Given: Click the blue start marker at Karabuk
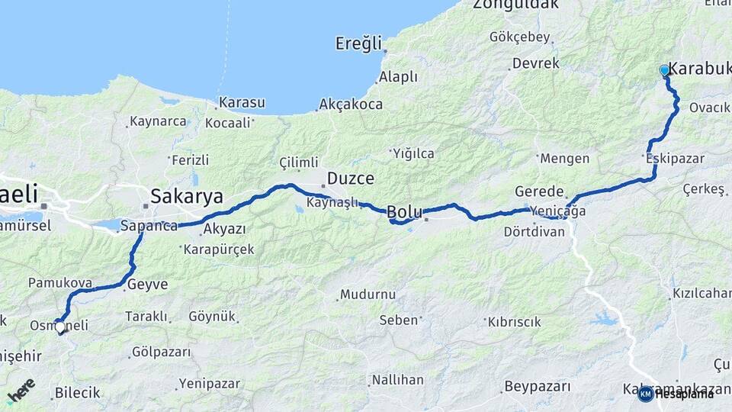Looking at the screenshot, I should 664,70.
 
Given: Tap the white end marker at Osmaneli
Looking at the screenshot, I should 60,327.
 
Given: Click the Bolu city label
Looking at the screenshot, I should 404,211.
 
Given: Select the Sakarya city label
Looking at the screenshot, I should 186,196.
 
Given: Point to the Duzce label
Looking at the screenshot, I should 350,179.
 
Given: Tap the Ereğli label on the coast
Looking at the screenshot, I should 358,44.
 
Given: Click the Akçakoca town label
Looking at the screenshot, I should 351,104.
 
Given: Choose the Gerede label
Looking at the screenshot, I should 539,192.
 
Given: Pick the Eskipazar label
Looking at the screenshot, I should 674,159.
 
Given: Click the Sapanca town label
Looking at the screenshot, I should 149,226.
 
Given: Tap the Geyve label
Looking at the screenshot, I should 147,284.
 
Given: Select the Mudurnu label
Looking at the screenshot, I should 368,294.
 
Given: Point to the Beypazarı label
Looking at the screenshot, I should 538,387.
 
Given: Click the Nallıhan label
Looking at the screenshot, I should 397,379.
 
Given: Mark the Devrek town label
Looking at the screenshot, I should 536,63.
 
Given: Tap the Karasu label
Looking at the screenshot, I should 242,102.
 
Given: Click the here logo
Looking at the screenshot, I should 21,391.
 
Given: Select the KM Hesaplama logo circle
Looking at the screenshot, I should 645,394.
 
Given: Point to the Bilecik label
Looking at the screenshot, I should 77,393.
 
